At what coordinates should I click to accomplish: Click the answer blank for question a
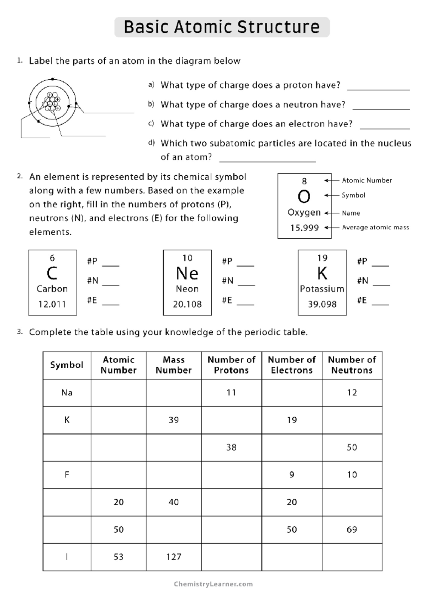pyautogui.click(x=378, y=86)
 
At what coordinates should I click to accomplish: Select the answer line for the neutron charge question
pyautogui.click(x=381, y=106)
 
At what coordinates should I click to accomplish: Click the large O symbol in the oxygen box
pyautogui.click(x=304, y=196)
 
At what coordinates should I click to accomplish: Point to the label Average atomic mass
pyautogui.click(x=375, y=227)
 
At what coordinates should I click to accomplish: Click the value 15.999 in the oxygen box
pyautogui.click(x=304, y=228)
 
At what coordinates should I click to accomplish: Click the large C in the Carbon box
pyautogui.click(x=52, y=273)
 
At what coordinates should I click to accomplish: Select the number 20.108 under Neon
pyautogui.click(x=187, y=304)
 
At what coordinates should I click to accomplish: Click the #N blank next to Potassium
pyautogui.click(x=381, y=282)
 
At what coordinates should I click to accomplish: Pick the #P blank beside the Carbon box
pyautogui.click(x=110, y=263)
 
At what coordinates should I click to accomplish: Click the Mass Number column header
pyautogui.click(x=174, y=365)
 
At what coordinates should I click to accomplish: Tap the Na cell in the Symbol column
pyautogui.click(x=67, y=393)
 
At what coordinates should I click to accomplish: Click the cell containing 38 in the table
pyautogui.click(x=231, y=447)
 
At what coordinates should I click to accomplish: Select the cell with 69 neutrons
pyautogui.click(x=352, y=530)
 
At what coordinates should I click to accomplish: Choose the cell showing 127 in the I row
pyautogui.click(x=174, y=557)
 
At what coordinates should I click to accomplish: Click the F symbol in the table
pyautogui.click(x=67, y=475)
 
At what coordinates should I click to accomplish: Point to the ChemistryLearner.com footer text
pyautogui.click(x=213, y=584)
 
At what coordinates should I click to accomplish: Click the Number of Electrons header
pyautogui.click(x=291, y=365)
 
